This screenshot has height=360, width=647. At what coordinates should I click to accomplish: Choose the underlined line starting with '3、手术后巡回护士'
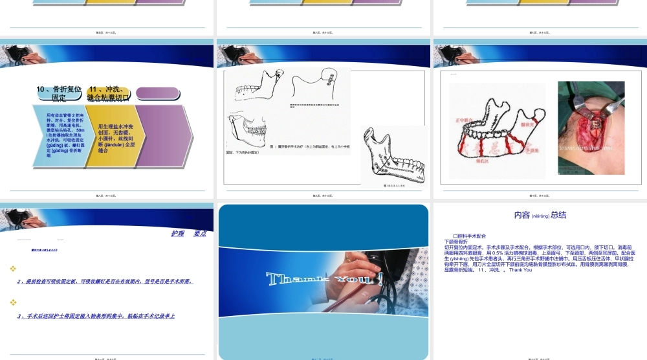pos(97,316)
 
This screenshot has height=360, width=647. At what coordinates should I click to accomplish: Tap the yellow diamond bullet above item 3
pos(13,302)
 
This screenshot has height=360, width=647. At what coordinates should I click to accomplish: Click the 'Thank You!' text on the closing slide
pos(323,280)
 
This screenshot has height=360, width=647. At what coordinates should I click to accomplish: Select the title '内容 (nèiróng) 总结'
pos(540,215)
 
